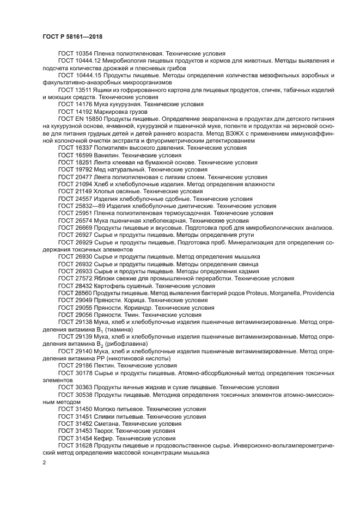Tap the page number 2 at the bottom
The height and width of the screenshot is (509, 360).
[44, 462]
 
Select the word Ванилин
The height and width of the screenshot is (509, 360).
[107, 155]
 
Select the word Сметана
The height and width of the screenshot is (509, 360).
[107, 423]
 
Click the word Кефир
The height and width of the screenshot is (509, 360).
[104, 437]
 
